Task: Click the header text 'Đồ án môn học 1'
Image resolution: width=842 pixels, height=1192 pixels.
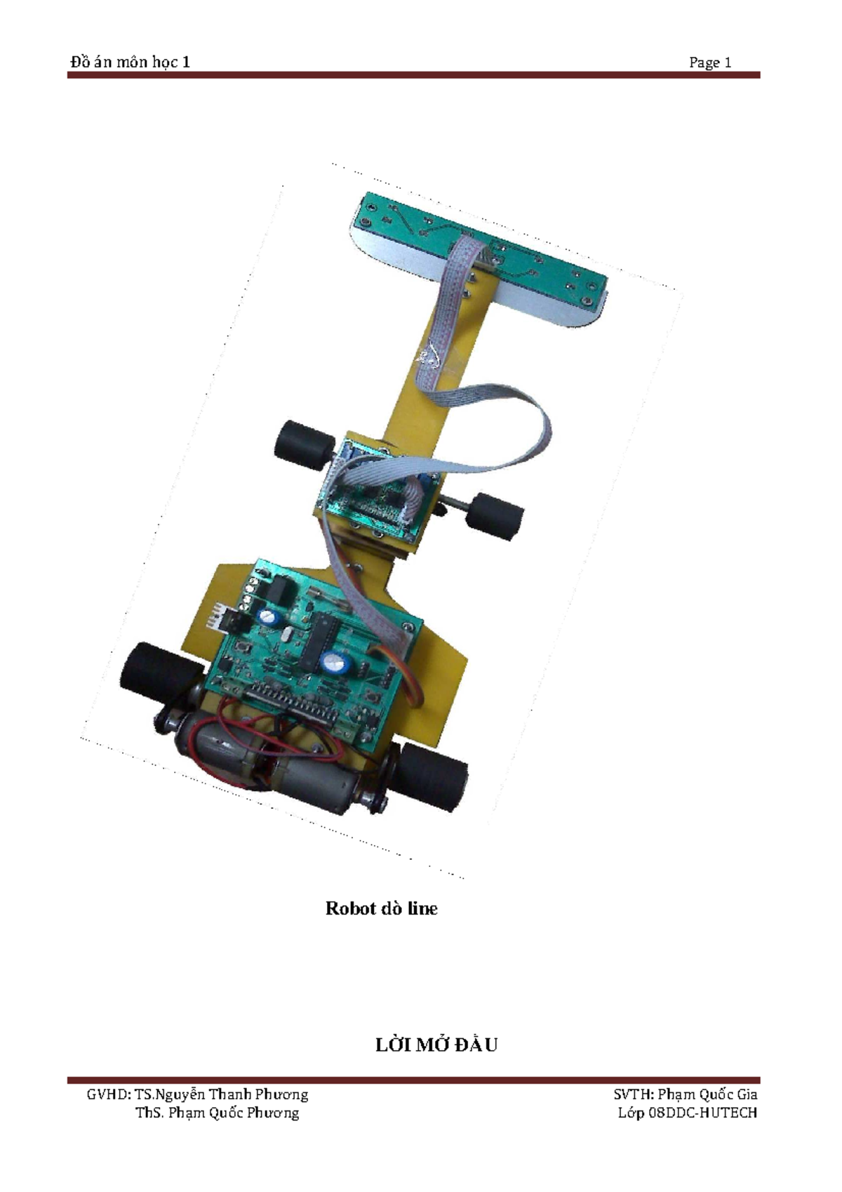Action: click(130, 62)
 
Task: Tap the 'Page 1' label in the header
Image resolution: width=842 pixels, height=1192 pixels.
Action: click(709, 62)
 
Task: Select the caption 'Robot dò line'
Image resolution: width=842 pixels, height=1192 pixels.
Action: click(381, 908)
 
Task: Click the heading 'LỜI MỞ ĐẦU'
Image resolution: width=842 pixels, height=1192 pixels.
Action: click(436, 1045)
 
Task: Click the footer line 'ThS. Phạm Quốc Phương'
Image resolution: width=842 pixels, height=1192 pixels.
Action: click(217, 1113)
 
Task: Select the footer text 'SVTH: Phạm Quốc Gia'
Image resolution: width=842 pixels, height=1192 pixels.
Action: click(685, 1094)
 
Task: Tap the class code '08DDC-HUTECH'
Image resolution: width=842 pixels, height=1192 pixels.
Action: click(702, 1113)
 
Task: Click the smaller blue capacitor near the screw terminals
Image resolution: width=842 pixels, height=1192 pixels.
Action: click(269, 617)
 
